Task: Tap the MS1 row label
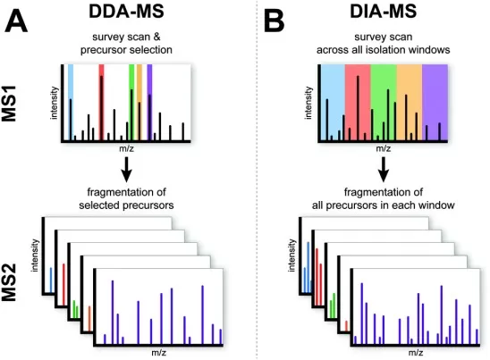tap(20, 113)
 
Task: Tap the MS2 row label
tap(20, 283)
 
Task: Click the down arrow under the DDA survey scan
tap(126, 168)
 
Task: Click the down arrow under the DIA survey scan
tap(383, 168)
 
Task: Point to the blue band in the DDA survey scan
tap(72, 80)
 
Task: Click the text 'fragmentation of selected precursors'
tap(126, 199)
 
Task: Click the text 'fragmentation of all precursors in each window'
tap(383, 199)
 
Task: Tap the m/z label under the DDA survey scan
tap(126, 150)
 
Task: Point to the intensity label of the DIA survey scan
tap(308, 104)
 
